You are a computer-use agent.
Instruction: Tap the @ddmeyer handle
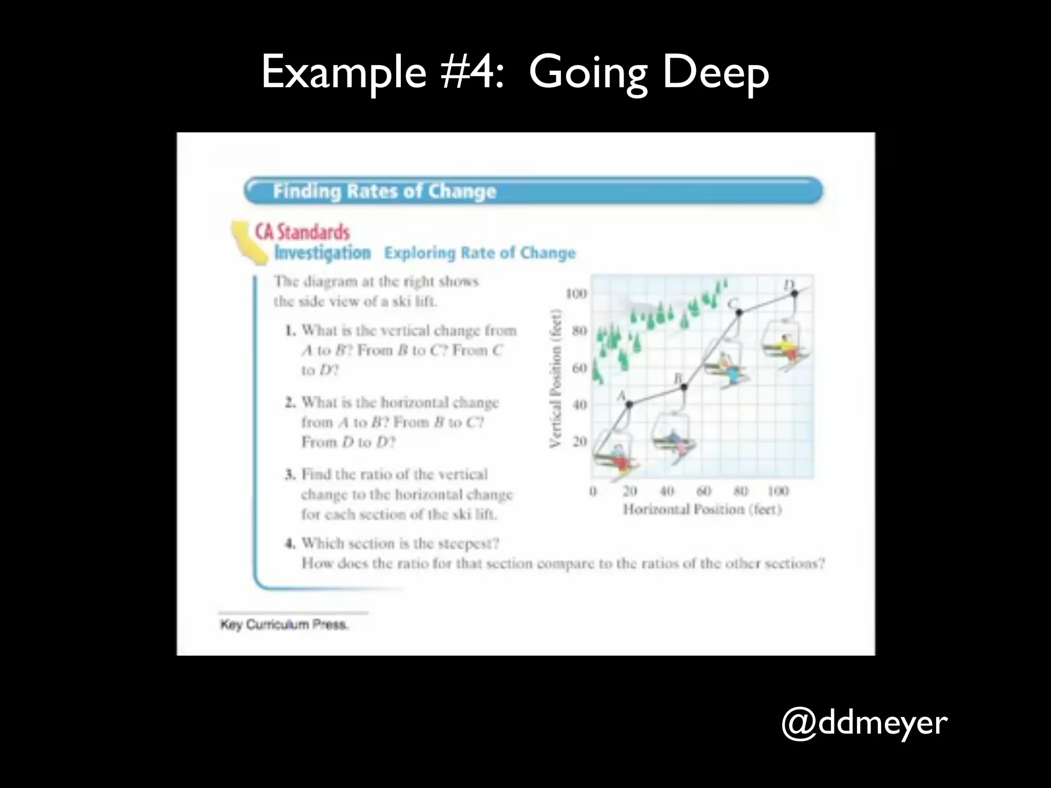pyautogui.click(x=864, y=723)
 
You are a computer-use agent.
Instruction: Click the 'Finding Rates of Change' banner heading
pyautogui.click(x=384, y=191)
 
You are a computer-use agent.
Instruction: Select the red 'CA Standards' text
pyautogui.click(x=303, y=232)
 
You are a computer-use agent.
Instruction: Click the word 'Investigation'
pyautogui.click(x=322, y=253)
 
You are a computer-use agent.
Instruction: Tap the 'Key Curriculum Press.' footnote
pyautogui.click(x=284, y=624)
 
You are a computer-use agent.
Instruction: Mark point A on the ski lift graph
pyautogui.click(x=630, y=404)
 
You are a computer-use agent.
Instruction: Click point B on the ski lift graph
pyautogui.click(x=684, y=387)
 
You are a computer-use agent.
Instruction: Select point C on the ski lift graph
pyautogui.click(x=739, y=312)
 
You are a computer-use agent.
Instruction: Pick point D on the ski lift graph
pyautogui.click(x=794, y=293)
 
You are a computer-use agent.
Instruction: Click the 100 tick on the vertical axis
pyautogui.click(x=576, y=294)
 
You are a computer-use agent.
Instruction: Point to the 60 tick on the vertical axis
pyautogui.click(x=579, y=368)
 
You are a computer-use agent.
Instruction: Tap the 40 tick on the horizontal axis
pyautogui.click(x=667, y=491)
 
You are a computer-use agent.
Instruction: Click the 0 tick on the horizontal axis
pyautogui.click(x=593, y=491)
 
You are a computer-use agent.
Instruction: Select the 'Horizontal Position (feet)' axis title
pyautogui.click(x=702, y=509)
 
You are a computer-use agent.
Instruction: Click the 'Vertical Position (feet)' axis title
pyautogui.click(x=555, y=378)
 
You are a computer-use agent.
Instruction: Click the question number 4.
pyautogui.click(x=290, y=543)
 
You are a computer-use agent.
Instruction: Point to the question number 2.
pyautogui.click(x=290, y=402)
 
